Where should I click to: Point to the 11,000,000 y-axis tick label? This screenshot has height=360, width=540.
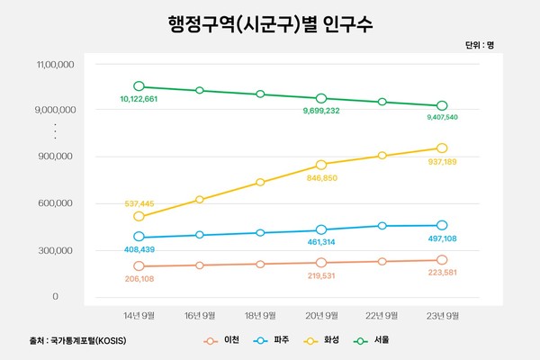56,65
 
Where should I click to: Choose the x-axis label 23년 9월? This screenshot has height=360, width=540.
441,316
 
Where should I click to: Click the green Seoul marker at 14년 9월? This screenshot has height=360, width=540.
139,86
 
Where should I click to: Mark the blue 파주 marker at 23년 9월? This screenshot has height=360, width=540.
442,225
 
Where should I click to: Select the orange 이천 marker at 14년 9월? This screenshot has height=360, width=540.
139,266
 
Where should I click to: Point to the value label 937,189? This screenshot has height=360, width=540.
441,161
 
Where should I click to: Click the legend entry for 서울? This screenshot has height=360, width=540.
376,340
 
